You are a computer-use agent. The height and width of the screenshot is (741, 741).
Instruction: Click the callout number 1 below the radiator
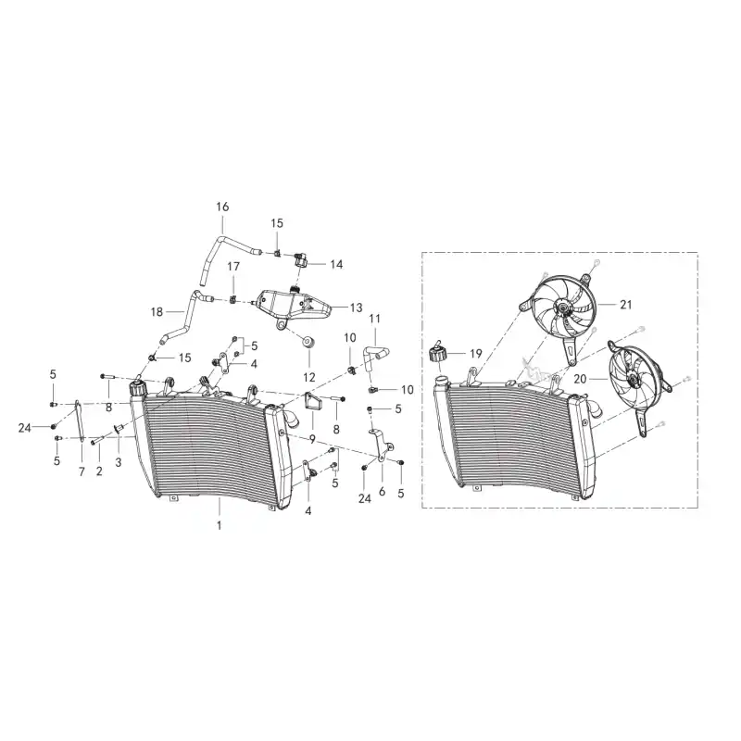click(219, 525)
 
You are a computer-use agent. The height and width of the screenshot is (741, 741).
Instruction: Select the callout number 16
click(222, 207)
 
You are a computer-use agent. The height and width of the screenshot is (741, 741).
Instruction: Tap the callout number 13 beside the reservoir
click(356, 308)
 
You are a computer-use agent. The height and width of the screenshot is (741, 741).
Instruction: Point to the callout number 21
click(626, 305)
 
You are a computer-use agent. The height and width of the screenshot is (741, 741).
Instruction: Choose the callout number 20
click(580, 379)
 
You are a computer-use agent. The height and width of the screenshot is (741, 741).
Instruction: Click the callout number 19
click(476, 354)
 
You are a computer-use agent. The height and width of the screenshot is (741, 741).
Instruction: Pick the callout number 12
click(309, 377)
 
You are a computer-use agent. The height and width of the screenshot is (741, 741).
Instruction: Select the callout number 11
click(374, 319)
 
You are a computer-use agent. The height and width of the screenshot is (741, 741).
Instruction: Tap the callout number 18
click(157, 312)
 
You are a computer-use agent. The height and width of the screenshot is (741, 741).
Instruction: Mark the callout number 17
click(233, 267)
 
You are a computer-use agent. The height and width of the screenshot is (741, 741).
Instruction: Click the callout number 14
click(336, 264)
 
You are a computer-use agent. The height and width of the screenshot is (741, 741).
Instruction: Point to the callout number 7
click(82, 471)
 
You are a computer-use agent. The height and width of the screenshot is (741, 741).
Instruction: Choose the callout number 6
click(382, 492)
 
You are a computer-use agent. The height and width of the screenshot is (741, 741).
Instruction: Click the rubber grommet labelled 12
click(309, 341)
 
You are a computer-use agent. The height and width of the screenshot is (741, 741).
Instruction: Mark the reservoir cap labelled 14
click(300, 259)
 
